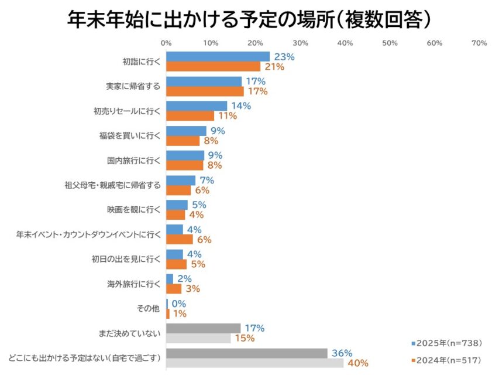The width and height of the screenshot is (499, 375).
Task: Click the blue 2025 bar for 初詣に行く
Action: click(218, 57)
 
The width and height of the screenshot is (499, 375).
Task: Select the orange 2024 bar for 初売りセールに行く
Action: click(190, 116)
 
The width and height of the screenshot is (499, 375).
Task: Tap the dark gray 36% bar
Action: click(246, 353)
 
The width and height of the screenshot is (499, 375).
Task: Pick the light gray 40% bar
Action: click(254, 363)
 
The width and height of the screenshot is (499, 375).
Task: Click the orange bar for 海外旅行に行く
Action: click(174, 288)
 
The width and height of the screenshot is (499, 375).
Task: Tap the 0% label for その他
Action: click(178, 304)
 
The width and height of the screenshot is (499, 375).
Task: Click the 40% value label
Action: click(358, 363)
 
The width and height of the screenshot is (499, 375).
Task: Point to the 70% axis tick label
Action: click(479, 43)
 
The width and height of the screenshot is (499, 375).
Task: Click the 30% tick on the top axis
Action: click(300, 43)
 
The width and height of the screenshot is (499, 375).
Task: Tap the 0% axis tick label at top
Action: click(166, 43)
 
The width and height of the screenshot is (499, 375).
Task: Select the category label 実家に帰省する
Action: click(133, 87)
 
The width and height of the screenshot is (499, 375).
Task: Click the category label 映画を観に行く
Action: click(133, 210)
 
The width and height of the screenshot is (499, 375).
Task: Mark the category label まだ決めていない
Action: click(129, 333)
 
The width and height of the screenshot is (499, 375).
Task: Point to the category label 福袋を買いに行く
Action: click(129, 136)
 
